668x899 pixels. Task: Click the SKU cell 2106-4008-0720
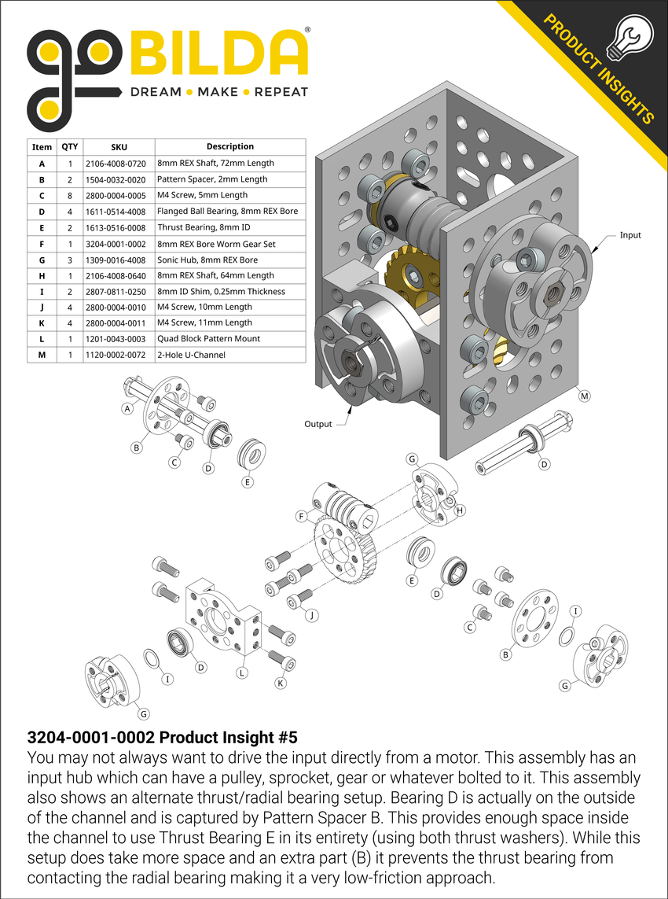[x=119, y=163]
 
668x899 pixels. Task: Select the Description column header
[x=229, y=146]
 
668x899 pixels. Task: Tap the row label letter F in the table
[x=41, y=243]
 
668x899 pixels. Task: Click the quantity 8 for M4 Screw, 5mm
[x=70, y=195]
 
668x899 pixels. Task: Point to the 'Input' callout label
[x=629, y=234]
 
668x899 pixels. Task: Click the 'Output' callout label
[x=318, y=424]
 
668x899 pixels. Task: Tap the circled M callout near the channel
[x=584, y=397]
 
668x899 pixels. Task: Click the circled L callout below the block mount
[x=242, y=672]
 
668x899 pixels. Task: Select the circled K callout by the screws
[x=281, y=683]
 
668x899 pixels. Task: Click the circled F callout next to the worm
[x=301, y=517]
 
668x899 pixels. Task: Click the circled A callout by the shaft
[x=126, y=408]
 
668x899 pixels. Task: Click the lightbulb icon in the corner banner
[x=633, y=35]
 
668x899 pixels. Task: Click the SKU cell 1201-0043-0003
[x=119, y=339]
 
